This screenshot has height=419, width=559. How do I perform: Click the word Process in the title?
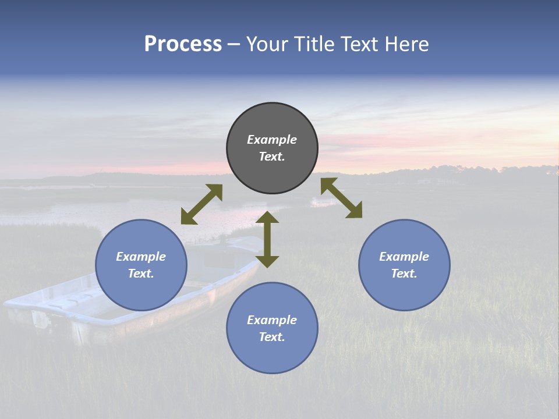click(183, 44)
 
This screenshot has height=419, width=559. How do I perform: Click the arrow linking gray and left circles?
click(201, 204)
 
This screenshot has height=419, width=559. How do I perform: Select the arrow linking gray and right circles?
click(342, 198)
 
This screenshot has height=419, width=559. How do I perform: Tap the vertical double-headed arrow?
click(267, 239)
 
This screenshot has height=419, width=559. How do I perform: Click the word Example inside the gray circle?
click(272, 140)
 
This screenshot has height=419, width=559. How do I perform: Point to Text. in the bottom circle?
click(272, 337)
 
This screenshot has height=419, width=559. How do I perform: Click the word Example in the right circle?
click(404, 257)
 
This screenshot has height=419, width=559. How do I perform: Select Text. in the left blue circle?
click(141, 274)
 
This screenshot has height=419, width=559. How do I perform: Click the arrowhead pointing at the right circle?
click(354, 211)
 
